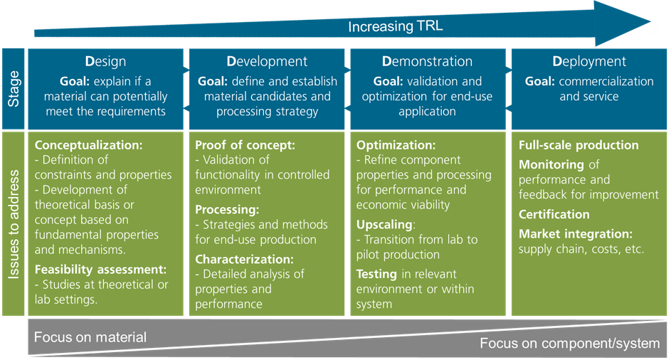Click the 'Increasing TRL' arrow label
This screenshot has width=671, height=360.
point(395,26)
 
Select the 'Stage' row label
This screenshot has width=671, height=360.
point(14,89)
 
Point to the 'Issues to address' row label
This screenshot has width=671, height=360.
point(14,224)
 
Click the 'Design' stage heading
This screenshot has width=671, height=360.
point(105,62)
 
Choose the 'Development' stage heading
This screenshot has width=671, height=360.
point(267,61)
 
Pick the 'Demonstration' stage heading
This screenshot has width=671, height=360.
point(427,61)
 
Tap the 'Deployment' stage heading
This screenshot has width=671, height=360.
point(589,62)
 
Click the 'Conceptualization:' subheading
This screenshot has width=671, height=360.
point(88,145)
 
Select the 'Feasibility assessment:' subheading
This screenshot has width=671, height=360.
point(100,270)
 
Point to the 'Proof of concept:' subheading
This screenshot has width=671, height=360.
point(245,145)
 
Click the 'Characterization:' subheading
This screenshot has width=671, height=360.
point(244,260)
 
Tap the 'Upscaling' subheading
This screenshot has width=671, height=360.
point(384,225)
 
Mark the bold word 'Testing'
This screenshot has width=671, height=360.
point(376,275)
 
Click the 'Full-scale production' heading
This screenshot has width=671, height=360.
point(578,145)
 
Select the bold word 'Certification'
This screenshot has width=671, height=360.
point(554,214)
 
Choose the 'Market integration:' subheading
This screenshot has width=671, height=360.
point(576,234)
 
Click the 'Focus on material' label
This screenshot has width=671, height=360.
point(90,337)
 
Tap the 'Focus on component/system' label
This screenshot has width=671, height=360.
point(569,344)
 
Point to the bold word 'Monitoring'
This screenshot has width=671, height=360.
point(551,165)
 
